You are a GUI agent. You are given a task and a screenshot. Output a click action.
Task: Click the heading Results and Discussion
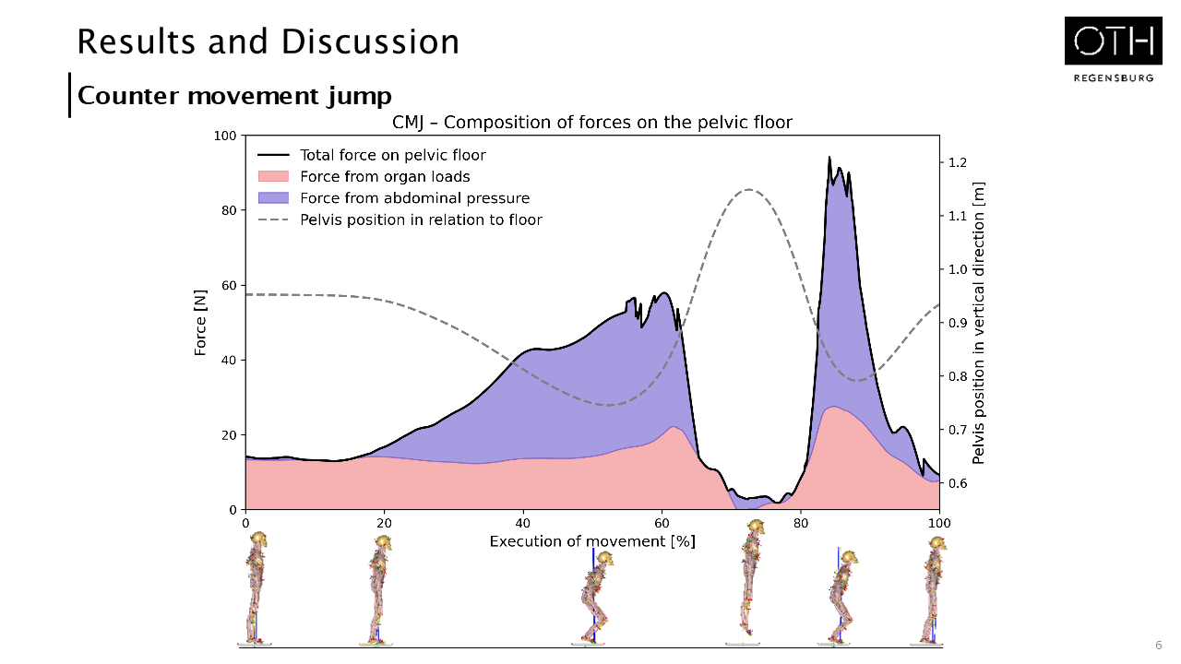point(268,41)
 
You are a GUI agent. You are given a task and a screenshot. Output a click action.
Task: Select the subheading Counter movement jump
point(234,96)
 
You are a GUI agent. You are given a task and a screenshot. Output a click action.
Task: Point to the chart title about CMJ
point(592,122)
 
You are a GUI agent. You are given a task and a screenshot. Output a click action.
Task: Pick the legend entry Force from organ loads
point(385,176)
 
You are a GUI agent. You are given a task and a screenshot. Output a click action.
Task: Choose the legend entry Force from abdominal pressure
point(414,197)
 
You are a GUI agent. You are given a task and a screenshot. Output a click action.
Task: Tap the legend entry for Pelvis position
point(421,219)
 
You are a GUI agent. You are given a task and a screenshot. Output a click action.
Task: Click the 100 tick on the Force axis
point(224,136)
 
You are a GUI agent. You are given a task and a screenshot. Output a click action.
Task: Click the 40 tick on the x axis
point(523,522)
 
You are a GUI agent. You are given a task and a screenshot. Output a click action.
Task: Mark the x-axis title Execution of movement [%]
point(592,541)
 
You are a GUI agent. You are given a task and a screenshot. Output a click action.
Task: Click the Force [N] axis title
point(200,323)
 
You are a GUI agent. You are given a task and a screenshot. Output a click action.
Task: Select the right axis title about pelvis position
point(979,323)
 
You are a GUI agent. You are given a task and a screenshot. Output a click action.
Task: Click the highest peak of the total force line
point(829,158)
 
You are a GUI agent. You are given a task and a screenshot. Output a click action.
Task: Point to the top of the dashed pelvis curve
point(748,189)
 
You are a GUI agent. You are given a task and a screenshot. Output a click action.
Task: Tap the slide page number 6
point(1159,645)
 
